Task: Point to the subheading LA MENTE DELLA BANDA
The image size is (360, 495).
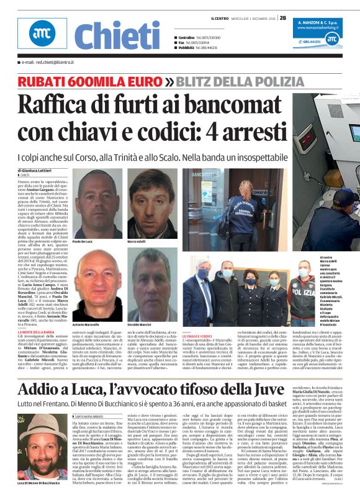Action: coord(37,332)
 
